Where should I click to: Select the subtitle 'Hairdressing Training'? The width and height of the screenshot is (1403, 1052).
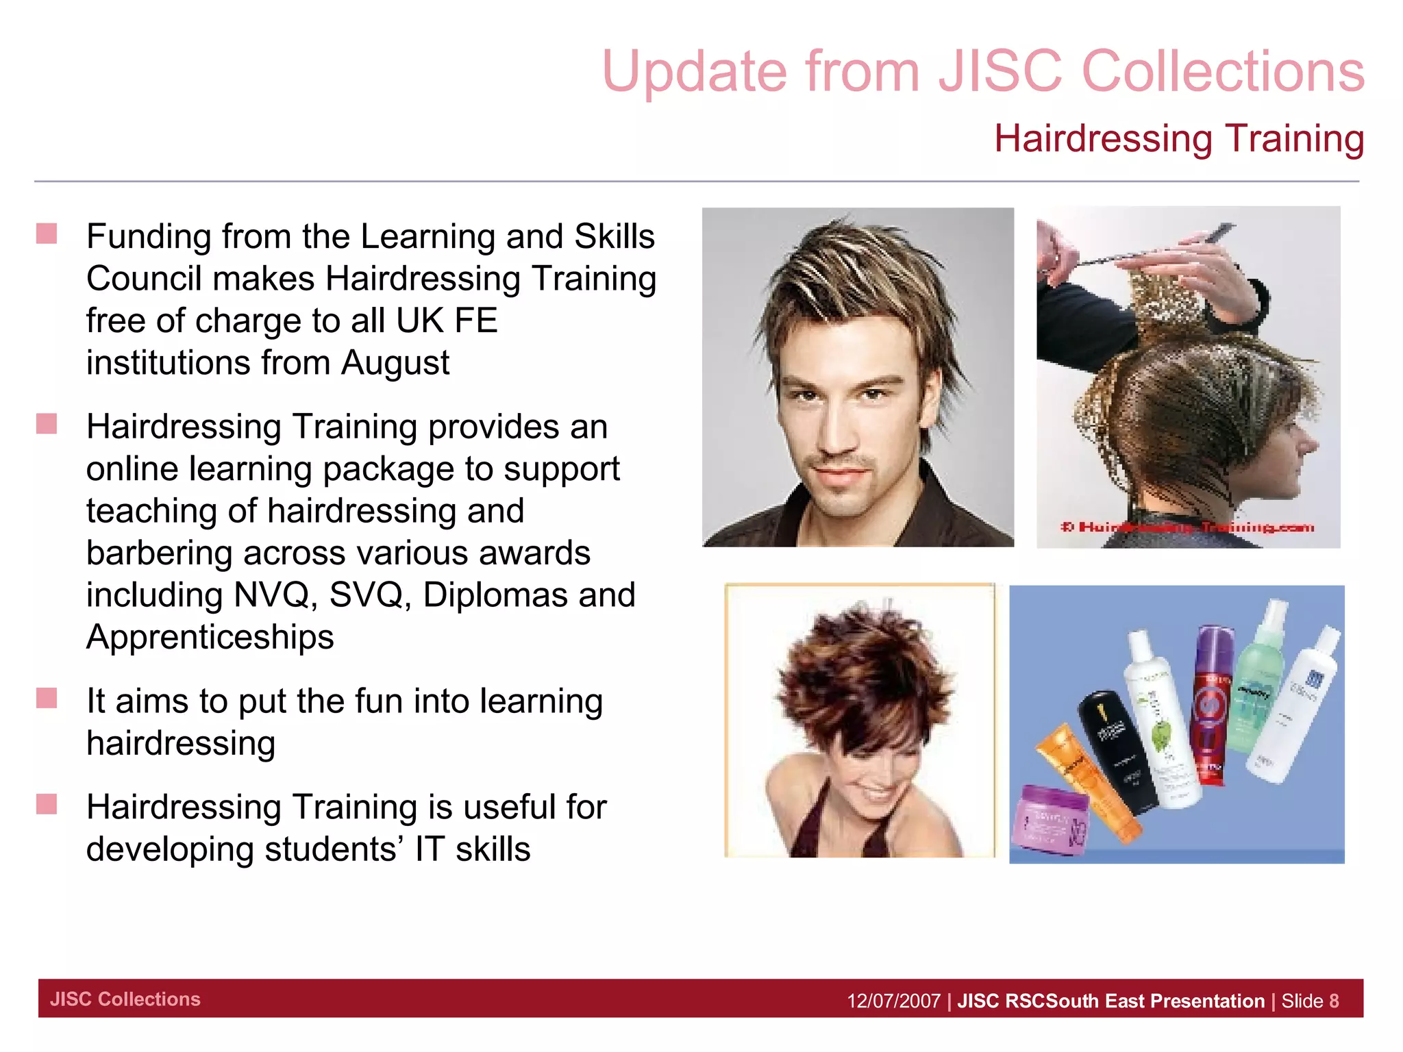[x=1178, y=138]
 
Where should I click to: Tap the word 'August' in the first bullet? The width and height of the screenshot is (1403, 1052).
[x=395, y=363]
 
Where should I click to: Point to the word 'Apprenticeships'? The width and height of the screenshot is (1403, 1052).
[x=210, y=638]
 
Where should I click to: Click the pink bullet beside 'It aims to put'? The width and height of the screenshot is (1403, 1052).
[x=47, y=699]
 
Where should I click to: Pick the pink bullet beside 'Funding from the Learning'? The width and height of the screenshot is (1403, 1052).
[x=47, y=234]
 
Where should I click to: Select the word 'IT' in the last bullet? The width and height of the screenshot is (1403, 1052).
[x=429, y=850]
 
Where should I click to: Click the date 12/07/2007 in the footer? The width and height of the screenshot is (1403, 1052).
[x=893, y=1001]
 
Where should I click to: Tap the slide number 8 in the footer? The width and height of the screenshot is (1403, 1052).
[x=1334, y=1001]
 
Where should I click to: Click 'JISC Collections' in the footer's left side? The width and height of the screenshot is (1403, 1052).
[x=125, y=999]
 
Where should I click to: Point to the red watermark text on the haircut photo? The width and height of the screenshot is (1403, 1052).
[x=1187, y=527]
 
